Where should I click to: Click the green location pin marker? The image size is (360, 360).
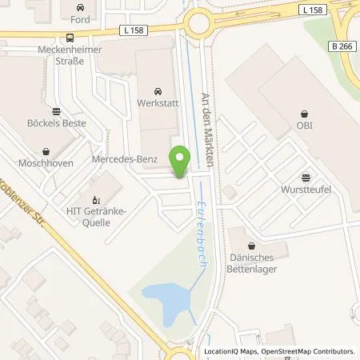click(x=181, y=159)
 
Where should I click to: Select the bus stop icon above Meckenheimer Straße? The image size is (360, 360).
click(x=71, y=38)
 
